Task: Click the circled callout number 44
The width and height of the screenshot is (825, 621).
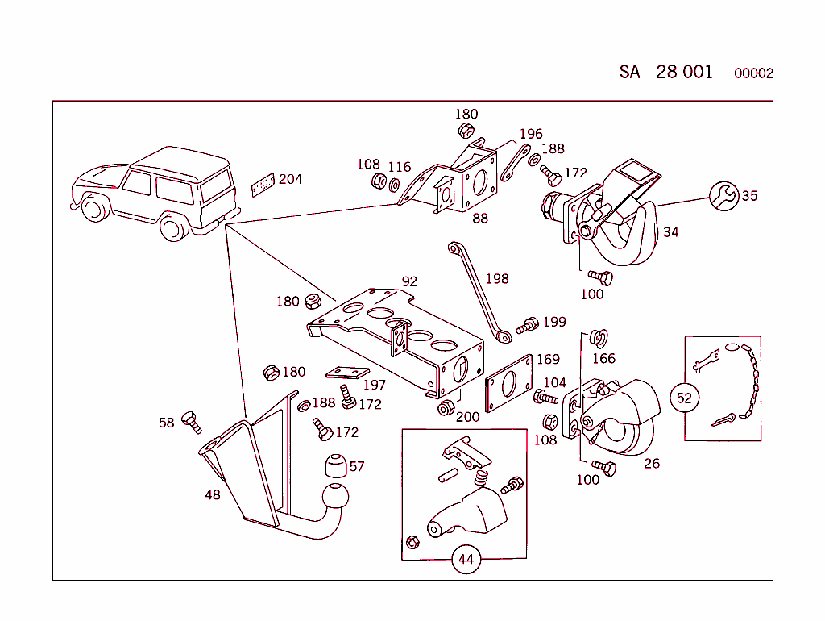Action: click(466, 559)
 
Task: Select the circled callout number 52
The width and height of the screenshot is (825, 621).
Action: click(684, 398)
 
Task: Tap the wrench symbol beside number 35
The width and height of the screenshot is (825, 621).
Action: click(724, 195)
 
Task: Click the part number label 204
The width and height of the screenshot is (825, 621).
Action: click(290, 179)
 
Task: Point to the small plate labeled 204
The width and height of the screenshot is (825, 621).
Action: click(263, 184)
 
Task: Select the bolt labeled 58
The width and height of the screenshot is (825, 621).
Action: click(192, 421)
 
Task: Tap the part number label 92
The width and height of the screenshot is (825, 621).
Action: click(409, 282)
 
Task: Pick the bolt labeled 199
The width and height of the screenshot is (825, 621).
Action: click(527, 326)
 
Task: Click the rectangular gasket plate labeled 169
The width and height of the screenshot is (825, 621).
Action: click(508, 383)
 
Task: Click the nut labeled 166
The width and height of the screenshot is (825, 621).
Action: click(596, 337)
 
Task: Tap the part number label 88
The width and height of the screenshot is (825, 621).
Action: click(479, 218)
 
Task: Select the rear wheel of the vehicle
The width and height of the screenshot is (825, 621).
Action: click(175, 227)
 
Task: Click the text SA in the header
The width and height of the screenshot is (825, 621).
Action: click(629, 72)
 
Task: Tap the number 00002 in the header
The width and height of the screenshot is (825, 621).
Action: click(753, 73)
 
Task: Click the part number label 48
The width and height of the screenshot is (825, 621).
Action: click(212, 494)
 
